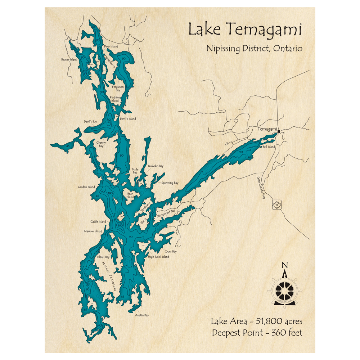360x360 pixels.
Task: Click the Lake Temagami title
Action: (x=245, y=30)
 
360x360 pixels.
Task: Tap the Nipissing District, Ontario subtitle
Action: (x=254, y=49)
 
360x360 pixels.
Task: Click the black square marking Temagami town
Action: (x=279, y=132)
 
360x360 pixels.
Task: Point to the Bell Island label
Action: (x=269, y=147)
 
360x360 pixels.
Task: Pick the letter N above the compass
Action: (x=284, y=266)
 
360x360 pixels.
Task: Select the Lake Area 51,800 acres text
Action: (x=257, y=321)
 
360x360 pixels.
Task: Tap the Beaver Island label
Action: (x=69, y=59)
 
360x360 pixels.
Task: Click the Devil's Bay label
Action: (x=90, y=122)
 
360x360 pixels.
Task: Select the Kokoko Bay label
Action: (x=156, y=166)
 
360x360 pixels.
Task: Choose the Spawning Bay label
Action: (x=170, y=183)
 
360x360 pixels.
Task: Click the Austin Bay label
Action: (x=142, y=315)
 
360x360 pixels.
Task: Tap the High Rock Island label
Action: (x=158, y=257)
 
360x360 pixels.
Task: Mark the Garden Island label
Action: (x=86, y=187)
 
